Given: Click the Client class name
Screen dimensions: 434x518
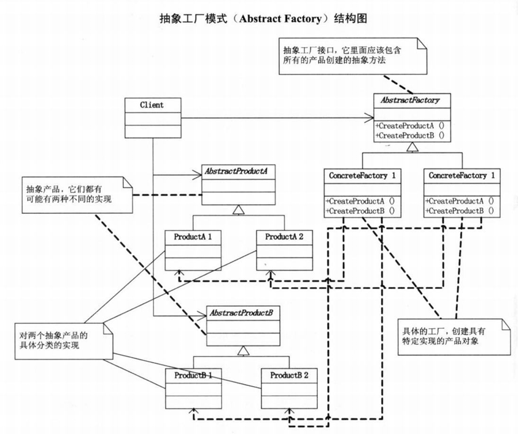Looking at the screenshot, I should coord(152,105).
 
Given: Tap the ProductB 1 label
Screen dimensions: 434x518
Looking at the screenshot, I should coord(193,374).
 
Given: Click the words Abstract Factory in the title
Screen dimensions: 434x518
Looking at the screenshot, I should coord(280,18).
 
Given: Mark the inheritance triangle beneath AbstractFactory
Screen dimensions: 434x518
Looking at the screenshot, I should coord(411,147).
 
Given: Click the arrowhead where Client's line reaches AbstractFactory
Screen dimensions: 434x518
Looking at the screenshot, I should coord(370,117).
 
